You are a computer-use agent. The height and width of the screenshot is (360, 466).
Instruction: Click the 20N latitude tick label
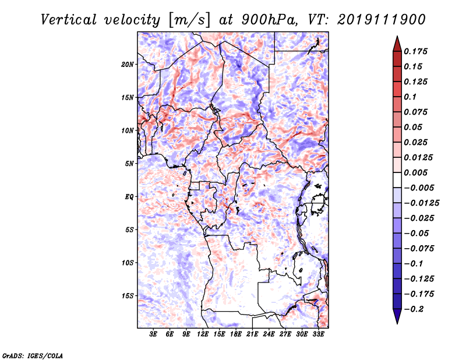[128, 64]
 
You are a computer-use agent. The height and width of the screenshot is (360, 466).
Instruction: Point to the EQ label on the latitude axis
[129, 197]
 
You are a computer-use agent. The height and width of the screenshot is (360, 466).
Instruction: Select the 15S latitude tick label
[128, 296]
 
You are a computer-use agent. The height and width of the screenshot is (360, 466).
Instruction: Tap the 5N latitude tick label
[129, 164]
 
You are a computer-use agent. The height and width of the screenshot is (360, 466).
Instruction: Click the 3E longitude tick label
[153, 334]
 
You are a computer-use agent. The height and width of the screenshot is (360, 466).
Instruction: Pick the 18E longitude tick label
[236, 334]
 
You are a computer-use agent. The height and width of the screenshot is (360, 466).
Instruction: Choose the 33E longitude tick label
[319, 334]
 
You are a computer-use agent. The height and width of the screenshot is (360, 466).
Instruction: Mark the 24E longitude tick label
[269, 334]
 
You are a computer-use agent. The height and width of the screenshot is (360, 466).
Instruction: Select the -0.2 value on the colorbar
[415, 309]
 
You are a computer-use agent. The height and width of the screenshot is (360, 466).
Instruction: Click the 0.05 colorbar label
[414, 127]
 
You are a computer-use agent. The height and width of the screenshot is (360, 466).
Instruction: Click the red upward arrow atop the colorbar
[396, 43]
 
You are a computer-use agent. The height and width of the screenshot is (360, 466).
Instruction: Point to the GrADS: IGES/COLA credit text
[32, 355]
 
